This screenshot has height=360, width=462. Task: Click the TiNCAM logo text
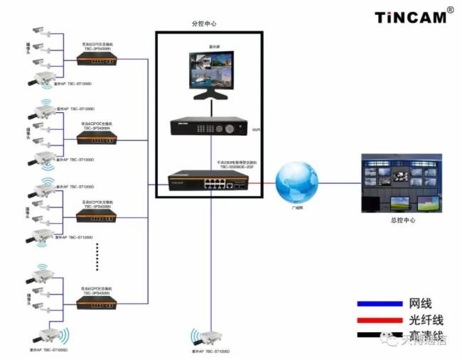410,16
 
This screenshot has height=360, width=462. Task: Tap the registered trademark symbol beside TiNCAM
450,11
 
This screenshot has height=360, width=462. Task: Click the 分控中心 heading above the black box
205,23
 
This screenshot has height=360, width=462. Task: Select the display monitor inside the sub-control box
211,73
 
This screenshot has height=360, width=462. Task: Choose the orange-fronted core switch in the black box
208,181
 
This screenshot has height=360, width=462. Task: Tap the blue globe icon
297,182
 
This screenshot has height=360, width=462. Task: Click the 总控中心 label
403,220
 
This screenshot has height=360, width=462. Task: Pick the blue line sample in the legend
378,303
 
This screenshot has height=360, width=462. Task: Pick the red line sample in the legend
378,320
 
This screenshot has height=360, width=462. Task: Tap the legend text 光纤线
426,320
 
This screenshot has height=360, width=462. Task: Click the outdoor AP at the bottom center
208,338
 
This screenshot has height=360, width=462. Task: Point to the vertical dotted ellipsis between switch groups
97,256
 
